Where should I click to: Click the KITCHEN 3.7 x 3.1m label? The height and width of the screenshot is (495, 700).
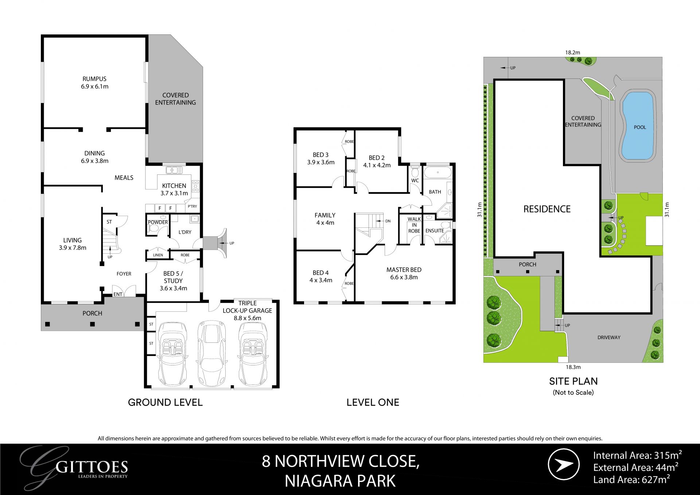pyautogui.click(x=174, y=189)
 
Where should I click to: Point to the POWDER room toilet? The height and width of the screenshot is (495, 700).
pyautogui.click(x=153, y=229)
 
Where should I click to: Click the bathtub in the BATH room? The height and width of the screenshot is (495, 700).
pyautogui.click(x=437, y=172)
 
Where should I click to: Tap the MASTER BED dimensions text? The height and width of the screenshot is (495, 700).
pyautogui.click(x=404, y=277)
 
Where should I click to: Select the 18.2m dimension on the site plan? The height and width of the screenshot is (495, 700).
pyautogui.click(x=572, y=53)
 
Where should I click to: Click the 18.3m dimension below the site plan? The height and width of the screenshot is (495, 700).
pyautogui.click(x=573, y=367)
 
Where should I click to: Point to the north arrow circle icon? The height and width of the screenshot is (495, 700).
pyautogui.click(x=564, y=465)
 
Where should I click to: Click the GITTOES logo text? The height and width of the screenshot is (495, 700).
pyautogui.click(x=93, y=467)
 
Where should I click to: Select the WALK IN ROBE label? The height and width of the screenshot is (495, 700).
pyautogui.click(x=414, y=225)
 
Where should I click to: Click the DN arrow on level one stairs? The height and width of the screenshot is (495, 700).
pyautogui.click(x=383, y=221)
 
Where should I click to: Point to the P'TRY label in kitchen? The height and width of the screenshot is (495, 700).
pyautogui.click(x=192, y=206)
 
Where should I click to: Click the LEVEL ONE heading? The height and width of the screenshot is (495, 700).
pyautogui.click(x=373, y=402)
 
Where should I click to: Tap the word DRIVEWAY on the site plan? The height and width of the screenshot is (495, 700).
pyautogui.click(x=609, y=337)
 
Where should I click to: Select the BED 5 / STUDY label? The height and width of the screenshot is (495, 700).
pyautogui.click(x=173, y=281)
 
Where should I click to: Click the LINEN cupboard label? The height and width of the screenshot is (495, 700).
pyautogui.click(x=158, y=255)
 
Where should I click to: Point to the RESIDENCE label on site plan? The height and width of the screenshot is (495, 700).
pyautogui.click(x=547, y=209)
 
